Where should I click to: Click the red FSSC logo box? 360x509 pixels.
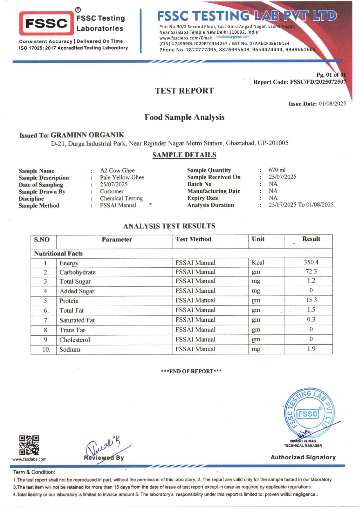click(x=46, y=23)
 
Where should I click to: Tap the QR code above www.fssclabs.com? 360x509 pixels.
click(x=29, y=445)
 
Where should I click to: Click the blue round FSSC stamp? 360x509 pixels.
click(x=309, y=413)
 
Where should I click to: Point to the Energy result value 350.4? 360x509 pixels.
click(x=311, y=262)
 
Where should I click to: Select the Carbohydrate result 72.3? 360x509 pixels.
click(x=311, y=271)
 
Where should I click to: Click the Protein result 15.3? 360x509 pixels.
click(x=311, y=300)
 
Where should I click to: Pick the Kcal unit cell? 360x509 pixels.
click(x=258, y=262)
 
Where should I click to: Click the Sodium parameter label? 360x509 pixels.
click(x=70, y=350)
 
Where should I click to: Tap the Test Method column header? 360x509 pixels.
click(x=193, y=239)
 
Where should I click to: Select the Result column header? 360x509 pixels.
click(x=311, y=239)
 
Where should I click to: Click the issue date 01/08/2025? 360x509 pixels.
click(x=332, y=104)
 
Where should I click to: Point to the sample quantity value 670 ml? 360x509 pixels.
click(x=277, y=170)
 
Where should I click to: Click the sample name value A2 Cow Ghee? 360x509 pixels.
click(x=117, y=170)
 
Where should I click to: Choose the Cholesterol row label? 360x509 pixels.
click(x=75, y=340)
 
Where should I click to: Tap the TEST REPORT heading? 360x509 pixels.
click(x=184, y=91)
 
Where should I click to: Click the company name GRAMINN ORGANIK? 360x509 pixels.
click(x=87, y=135)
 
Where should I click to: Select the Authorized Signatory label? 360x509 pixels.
click(x=303, y=457)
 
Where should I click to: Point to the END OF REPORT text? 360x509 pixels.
click(x=191, y=371)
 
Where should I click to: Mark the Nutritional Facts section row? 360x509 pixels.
click(x=58, y=253)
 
